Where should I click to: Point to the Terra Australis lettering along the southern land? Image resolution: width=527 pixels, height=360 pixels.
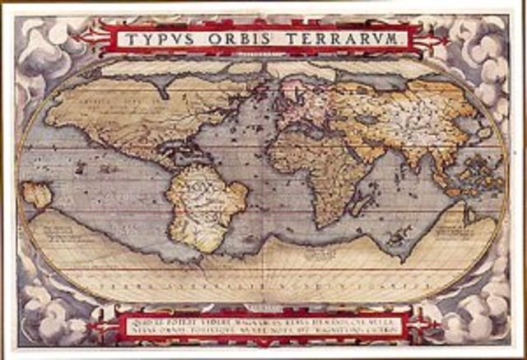tap(263, 285)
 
